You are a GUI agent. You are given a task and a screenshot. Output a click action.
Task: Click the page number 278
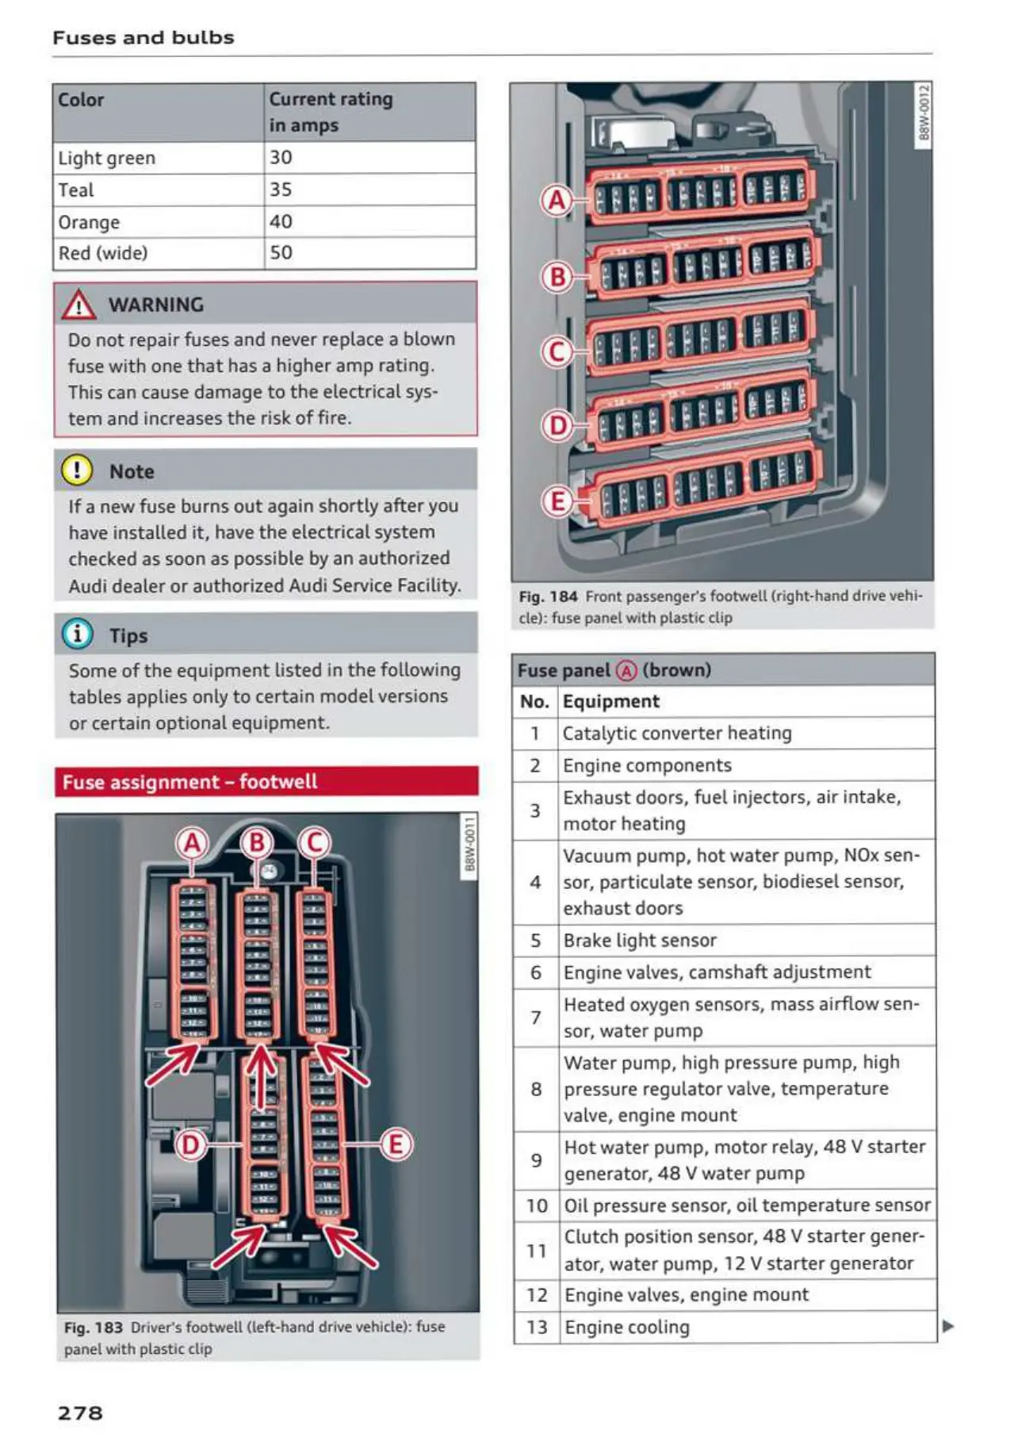(x=80, y=1412)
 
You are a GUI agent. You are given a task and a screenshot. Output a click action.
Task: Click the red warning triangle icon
(x=79, y=305)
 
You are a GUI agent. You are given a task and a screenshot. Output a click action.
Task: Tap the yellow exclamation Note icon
(x=78, y=470)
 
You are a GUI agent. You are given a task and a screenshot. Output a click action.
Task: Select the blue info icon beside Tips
(x=78, y=634)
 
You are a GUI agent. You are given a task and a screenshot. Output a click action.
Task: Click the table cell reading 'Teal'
(x=76, y=190)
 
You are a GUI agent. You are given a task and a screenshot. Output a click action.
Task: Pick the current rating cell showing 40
(x=281, y=221)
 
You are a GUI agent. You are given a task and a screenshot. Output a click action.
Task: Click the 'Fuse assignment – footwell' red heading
(x=189, y=782)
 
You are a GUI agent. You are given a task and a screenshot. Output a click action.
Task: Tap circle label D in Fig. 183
(x=190, y=1144)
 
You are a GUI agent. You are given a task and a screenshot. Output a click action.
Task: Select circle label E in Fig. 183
(x=396, y=1144)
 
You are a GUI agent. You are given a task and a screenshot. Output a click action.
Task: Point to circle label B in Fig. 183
(x=256, y=842)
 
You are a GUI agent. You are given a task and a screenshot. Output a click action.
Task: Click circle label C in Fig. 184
(x=557, y=351)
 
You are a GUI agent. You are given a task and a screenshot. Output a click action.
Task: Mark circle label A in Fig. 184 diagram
(x=557, y=200)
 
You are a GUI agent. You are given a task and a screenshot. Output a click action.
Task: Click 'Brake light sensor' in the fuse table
(x=640, y=941)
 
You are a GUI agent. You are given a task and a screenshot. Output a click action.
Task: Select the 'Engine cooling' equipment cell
(x=626, y=1327)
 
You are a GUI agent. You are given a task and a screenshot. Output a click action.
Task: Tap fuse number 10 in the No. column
(x=537, y=1205)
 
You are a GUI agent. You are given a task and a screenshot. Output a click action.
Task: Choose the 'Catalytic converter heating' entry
(x=677, y=733)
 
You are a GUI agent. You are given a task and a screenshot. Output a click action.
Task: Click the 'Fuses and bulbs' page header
(x=144, y=37)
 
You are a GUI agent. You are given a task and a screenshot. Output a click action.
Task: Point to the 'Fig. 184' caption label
(x=548, y=596)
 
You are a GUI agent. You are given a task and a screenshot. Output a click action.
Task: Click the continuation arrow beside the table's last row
(x=947, y=1326)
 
